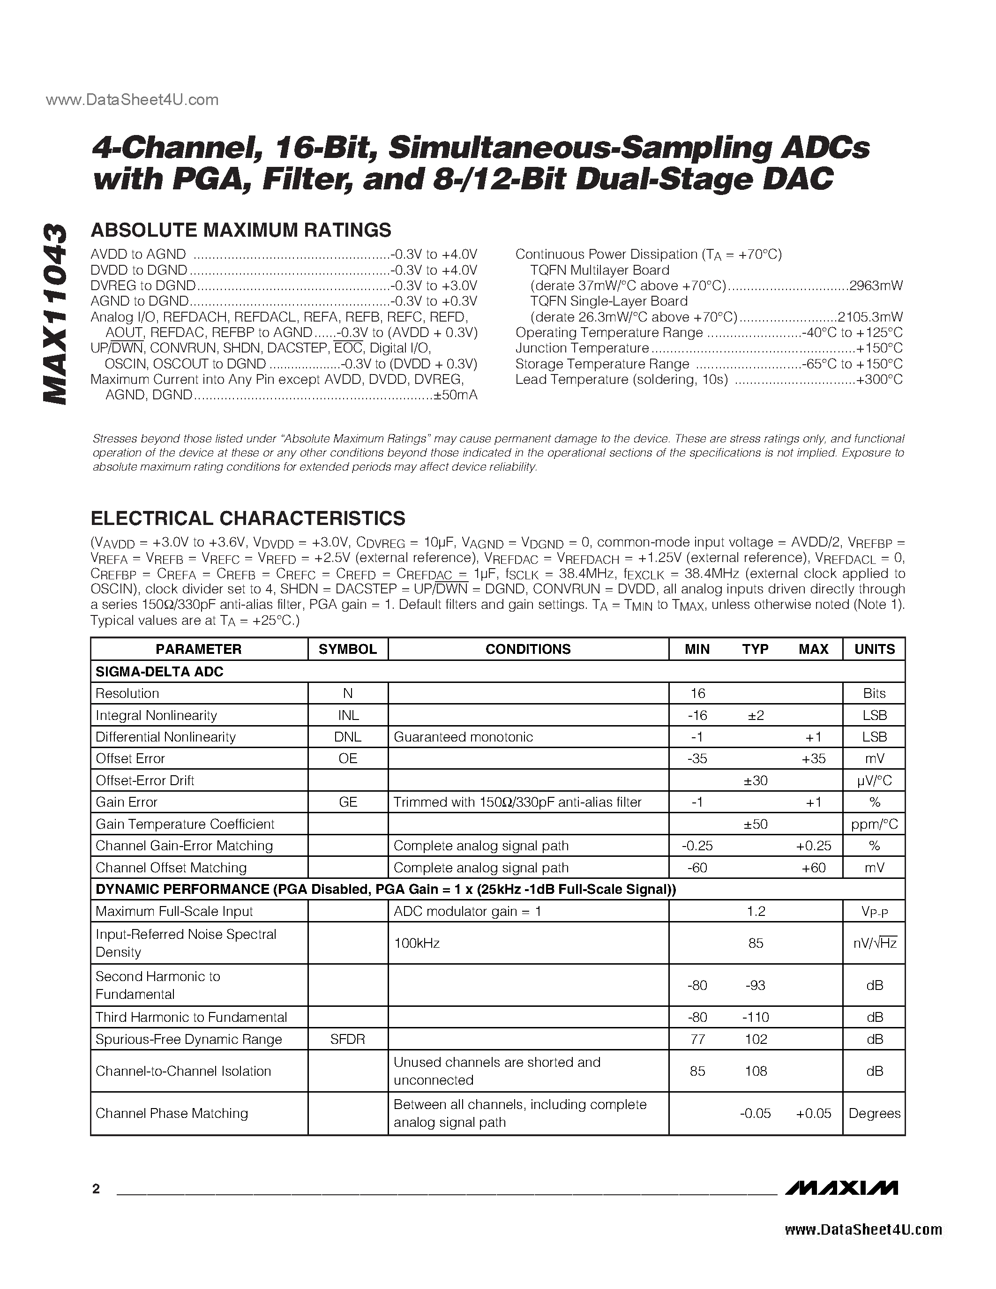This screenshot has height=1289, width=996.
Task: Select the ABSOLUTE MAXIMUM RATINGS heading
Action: click(x=241, y=230)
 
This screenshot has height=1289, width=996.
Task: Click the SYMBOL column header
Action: click(x=347, y=649)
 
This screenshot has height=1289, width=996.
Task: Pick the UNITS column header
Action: click(x=875, y=649)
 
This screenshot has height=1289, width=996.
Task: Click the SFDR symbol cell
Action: click(x=347, y=1039)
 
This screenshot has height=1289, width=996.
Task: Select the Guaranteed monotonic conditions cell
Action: click(x=463, y=736)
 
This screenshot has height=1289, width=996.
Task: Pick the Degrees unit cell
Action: click(x=875, y=1113)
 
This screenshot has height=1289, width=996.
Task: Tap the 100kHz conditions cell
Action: click(x=417, y=943)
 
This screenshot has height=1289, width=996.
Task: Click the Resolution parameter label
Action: click(x=127, y=694)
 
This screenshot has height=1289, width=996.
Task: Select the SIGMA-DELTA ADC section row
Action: click(x=159, y=672)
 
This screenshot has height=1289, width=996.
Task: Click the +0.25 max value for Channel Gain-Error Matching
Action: click(x=813, y=846)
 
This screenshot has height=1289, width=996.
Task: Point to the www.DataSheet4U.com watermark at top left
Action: click(x=132, y=100)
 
